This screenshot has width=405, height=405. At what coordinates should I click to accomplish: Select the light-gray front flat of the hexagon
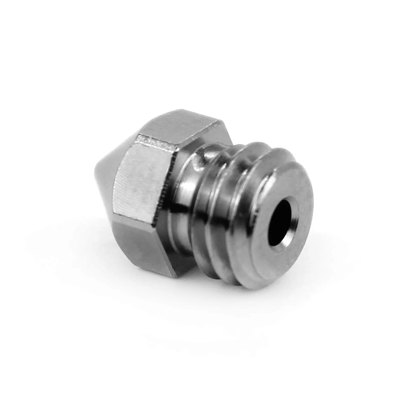click(x=143, y=184)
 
